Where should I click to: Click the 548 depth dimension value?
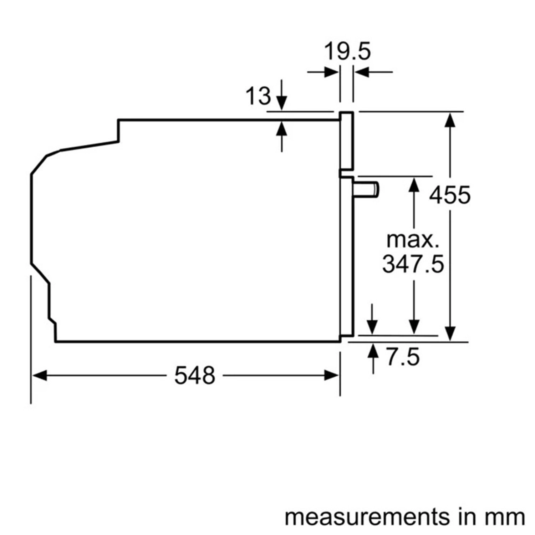194,376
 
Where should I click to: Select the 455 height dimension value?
450,195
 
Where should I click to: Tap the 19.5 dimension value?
347,51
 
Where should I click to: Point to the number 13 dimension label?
258,96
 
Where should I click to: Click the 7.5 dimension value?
403,357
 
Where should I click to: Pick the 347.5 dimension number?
413,264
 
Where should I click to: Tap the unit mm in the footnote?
507,517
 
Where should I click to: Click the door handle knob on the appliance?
367,189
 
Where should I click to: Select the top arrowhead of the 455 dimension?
450,119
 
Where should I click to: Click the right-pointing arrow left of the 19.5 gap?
331,72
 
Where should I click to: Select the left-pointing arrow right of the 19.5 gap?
362,72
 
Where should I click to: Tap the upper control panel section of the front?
346,141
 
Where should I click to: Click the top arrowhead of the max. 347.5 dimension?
414,184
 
